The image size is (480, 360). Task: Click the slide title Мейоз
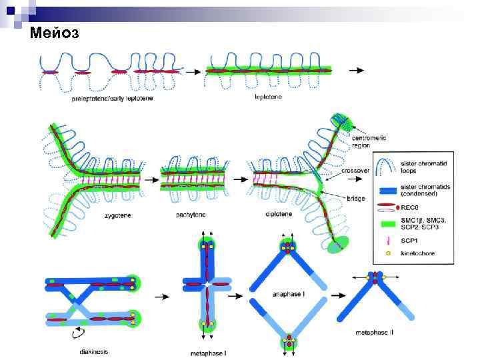[x=55, y=33]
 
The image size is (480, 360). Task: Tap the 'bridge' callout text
[x=356, y=199]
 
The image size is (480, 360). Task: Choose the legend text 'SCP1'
[x=409, y=242]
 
